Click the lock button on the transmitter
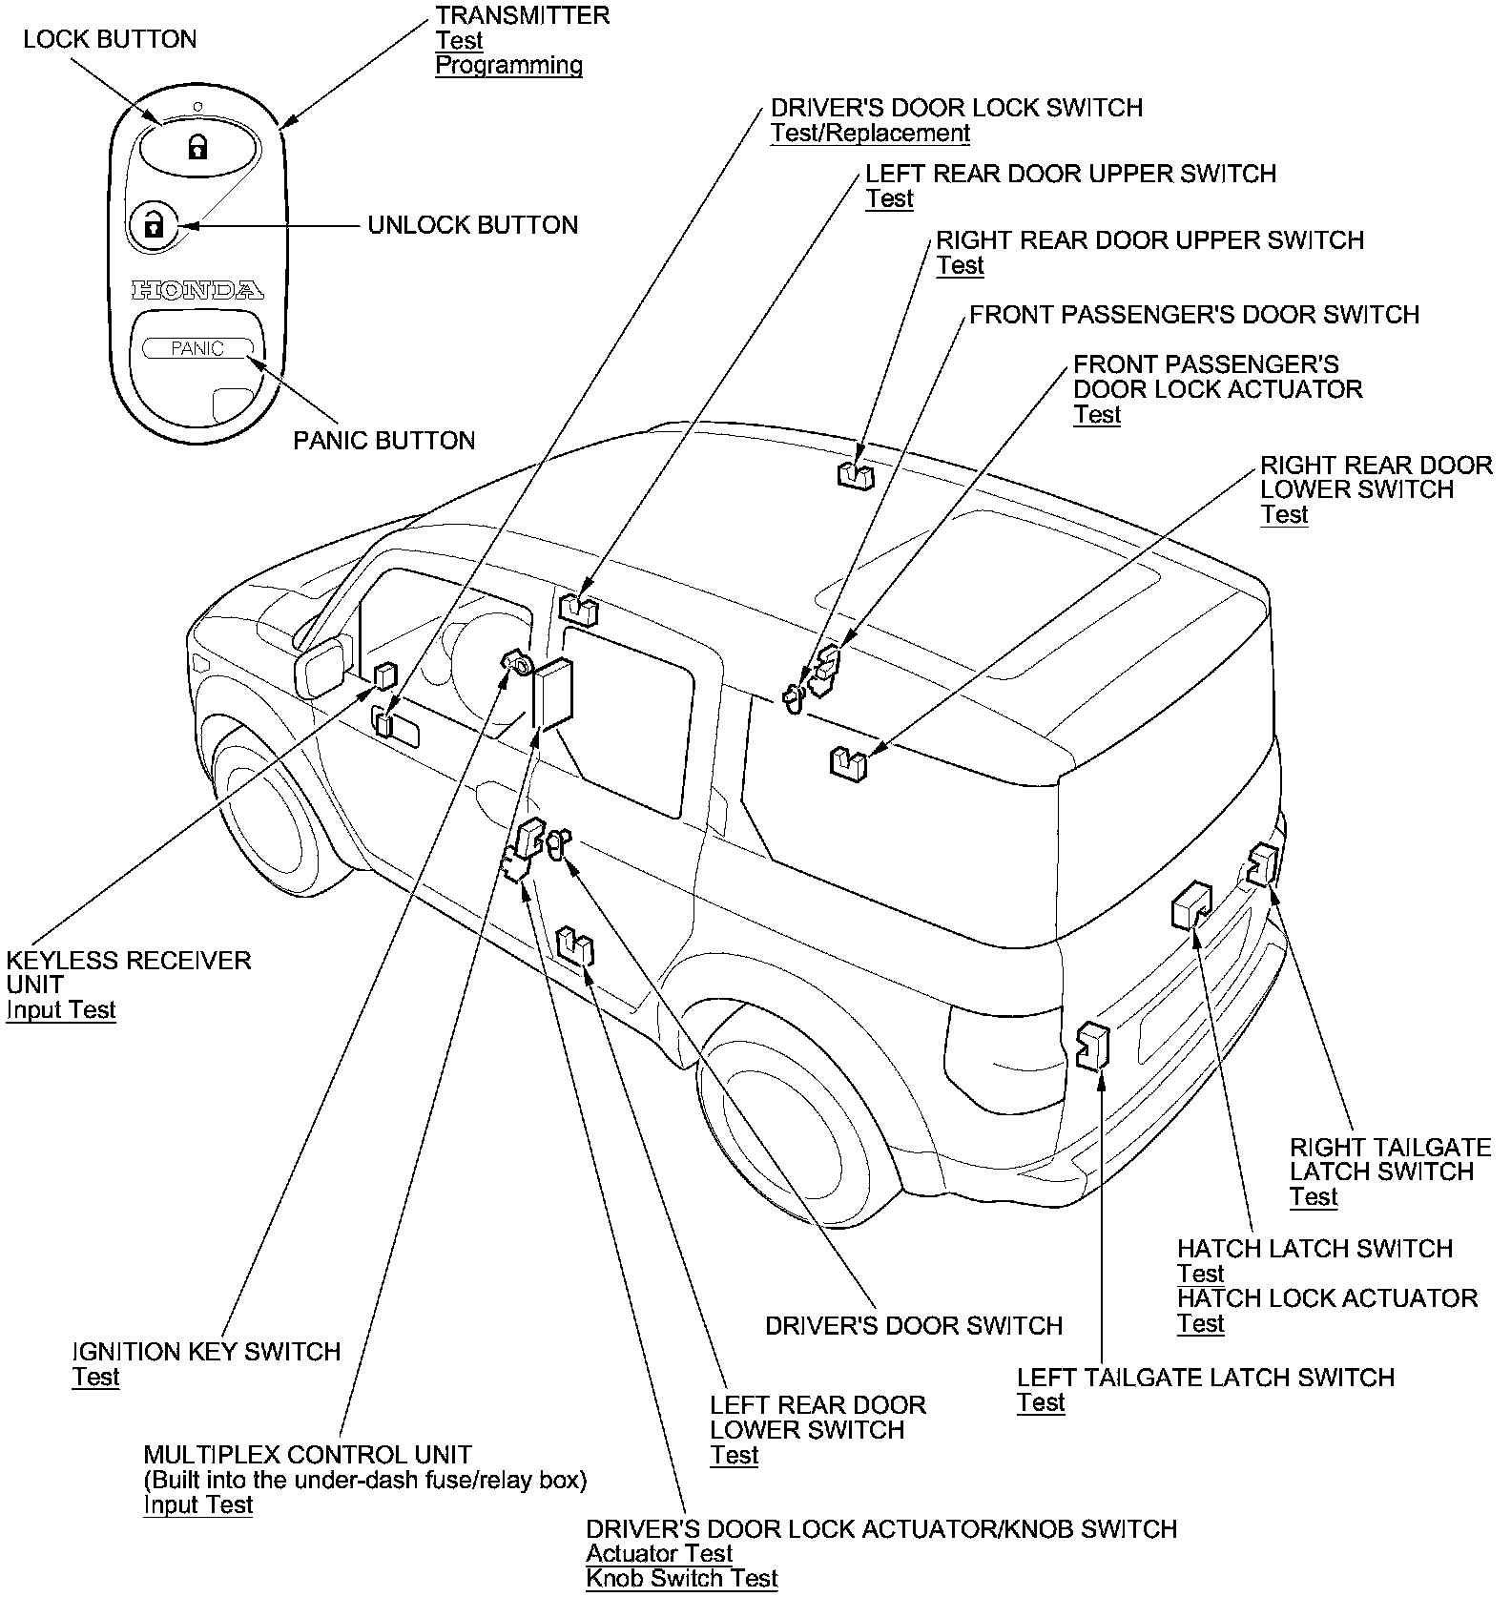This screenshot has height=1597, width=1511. pyautogui.click(x=197, y=148)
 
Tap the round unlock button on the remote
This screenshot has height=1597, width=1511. pyautogui.click(x=153, y=225)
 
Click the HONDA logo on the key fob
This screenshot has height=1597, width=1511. pyautogui.click(x=197, y=290)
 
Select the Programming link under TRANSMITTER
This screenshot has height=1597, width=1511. pyautogui.click(x=508, y=66)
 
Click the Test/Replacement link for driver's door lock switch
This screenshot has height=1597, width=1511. pyautogui.click(x=870, y=134)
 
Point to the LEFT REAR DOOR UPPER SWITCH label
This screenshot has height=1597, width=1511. pyautogui.click(x=1070, y=175)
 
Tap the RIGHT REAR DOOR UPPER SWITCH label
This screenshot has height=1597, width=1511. pyautogui.click(x=1149, y=240)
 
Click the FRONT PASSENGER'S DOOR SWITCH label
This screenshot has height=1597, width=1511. pyautogui.click(x=1194, y=316)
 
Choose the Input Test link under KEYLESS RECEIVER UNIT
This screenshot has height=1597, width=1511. pyautogui.click(x=61, y=1010)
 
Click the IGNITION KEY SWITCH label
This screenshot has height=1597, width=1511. pyautogui.click(x=206, y=1352)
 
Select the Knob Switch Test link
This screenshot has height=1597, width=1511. pyautogui.click(x=682, y=1579)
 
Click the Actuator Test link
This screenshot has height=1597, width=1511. pyautogui.click(x=659, y=1554)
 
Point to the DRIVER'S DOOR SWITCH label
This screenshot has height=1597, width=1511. pyautogui.click(x=914, y=1326)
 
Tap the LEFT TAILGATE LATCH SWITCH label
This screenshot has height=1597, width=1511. pyautogui.click(x=1206, y=1378)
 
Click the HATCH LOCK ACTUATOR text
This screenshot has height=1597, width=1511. pyautogui.click(x=1327, y=1298)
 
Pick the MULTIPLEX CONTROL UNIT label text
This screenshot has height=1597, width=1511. pyautogui.click(x=307, y=1455)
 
